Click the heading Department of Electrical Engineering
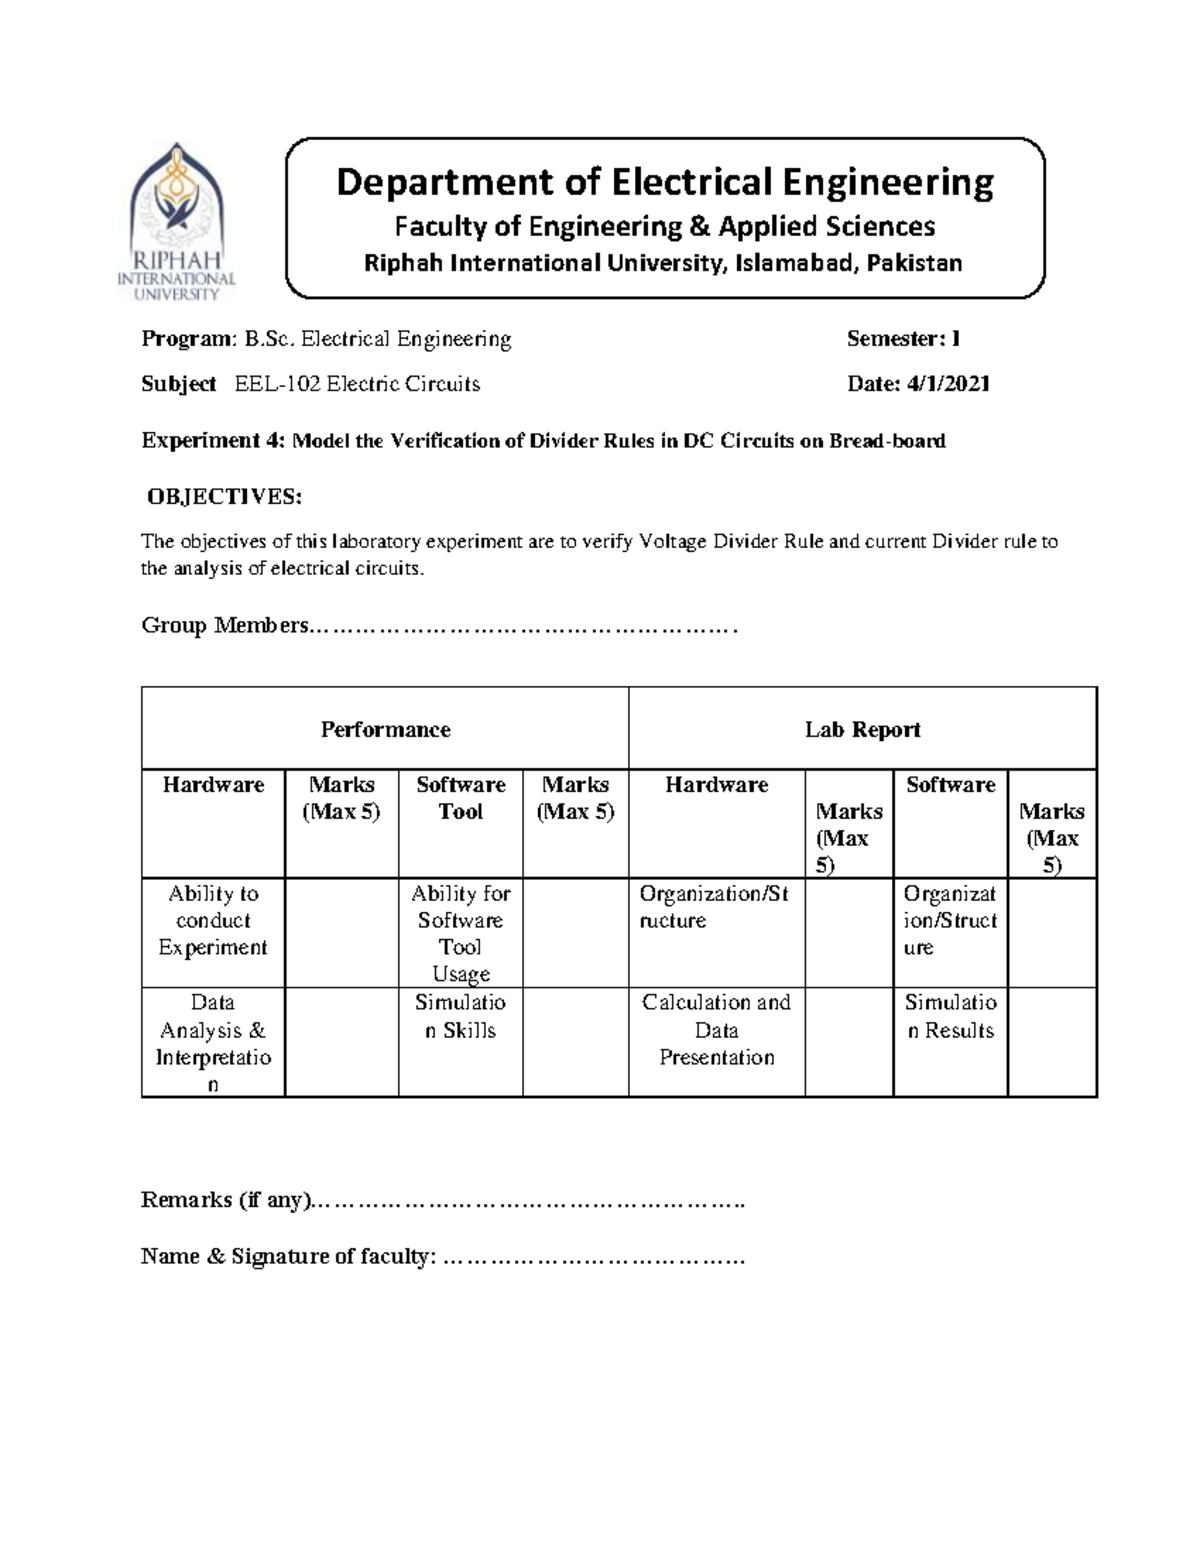665,182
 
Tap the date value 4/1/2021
948,384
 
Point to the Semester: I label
903,339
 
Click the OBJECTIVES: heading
224,497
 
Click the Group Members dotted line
524,627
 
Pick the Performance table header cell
385,729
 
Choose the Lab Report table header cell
862,729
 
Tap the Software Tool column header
460,798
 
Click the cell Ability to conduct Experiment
213,920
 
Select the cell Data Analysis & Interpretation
213,1042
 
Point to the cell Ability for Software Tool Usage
460,933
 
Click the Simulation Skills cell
460,1016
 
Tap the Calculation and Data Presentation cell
716,1029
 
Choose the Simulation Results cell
950,1016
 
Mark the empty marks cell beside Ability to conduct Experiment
341,932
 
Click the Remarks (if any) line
528,1200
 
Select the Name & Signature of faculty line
592,1257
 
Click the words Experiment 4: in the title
214,441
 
